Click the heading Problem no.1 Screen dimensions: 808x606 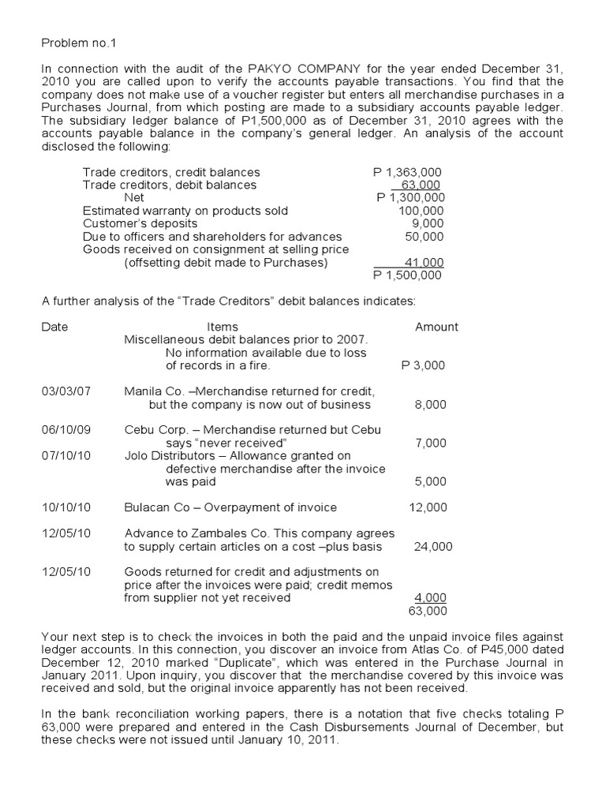pos(73,40)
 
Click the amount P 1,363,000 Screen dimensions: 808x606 pos(407,172)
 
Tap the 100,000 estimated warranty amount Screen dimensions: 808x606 pos(421,211)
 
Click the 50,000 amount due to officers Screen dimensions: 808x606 pos(425,237)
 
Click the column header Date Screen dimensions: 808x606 pos(54,327)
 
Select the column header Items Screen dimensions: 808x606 pos(222,327)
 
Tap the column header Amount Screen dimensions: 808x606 pos(436,327)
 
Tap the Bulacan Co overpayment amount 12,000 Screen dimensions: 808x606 pos(428,507)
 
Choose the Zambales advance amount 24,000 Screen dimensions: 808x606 pos(430,547)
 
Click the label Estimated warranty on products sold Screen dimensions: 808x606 pos(185,211)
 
